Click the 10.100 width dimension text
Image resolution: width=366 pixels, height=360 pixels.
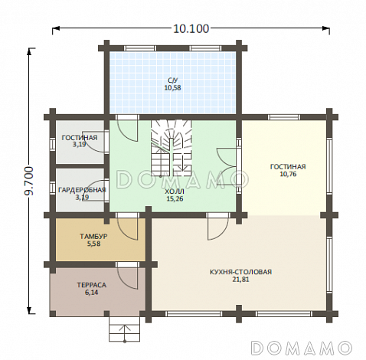point(191,28)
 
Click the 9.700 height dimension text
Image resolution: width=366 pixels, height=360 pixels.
point(29,181)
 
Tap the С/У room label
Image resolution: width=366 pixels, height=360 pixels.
point(172,80)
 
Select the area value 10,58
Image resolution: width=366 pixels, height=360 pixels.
point(172,88)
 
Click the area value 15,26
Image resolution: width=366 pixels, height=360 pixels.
point(175,198)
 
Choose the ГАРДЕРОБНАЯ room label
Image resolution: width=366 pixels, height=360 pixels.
point(82,190)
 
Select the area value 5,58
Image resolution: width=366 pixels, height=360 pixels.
point(93,244)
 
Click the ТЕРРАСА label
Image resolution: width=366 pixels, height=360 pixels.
point(92,285)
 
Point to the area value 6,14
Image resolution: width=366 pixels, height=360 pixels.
point(91,293)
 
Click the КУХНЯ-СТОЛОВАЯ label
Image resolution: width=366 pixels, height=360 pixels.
point(240,272)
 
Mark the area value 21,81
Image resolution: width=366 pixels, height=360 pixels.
point(240,280)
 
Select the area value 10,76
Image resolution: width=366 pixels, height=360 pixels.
point(288,174)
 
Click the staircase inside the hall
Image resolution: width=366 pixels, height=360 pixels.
point(171,149)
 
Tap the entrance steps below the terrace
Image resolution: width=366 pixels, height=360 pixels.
point(125,329)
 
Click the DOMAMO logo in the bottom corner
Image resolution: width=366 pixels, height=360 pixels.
point(302,348)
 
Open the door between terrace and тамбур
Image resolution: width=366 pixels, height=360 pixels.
point(128,278)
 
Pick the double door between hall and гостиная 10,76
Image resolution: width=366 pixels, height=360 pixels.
point(226,166)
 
